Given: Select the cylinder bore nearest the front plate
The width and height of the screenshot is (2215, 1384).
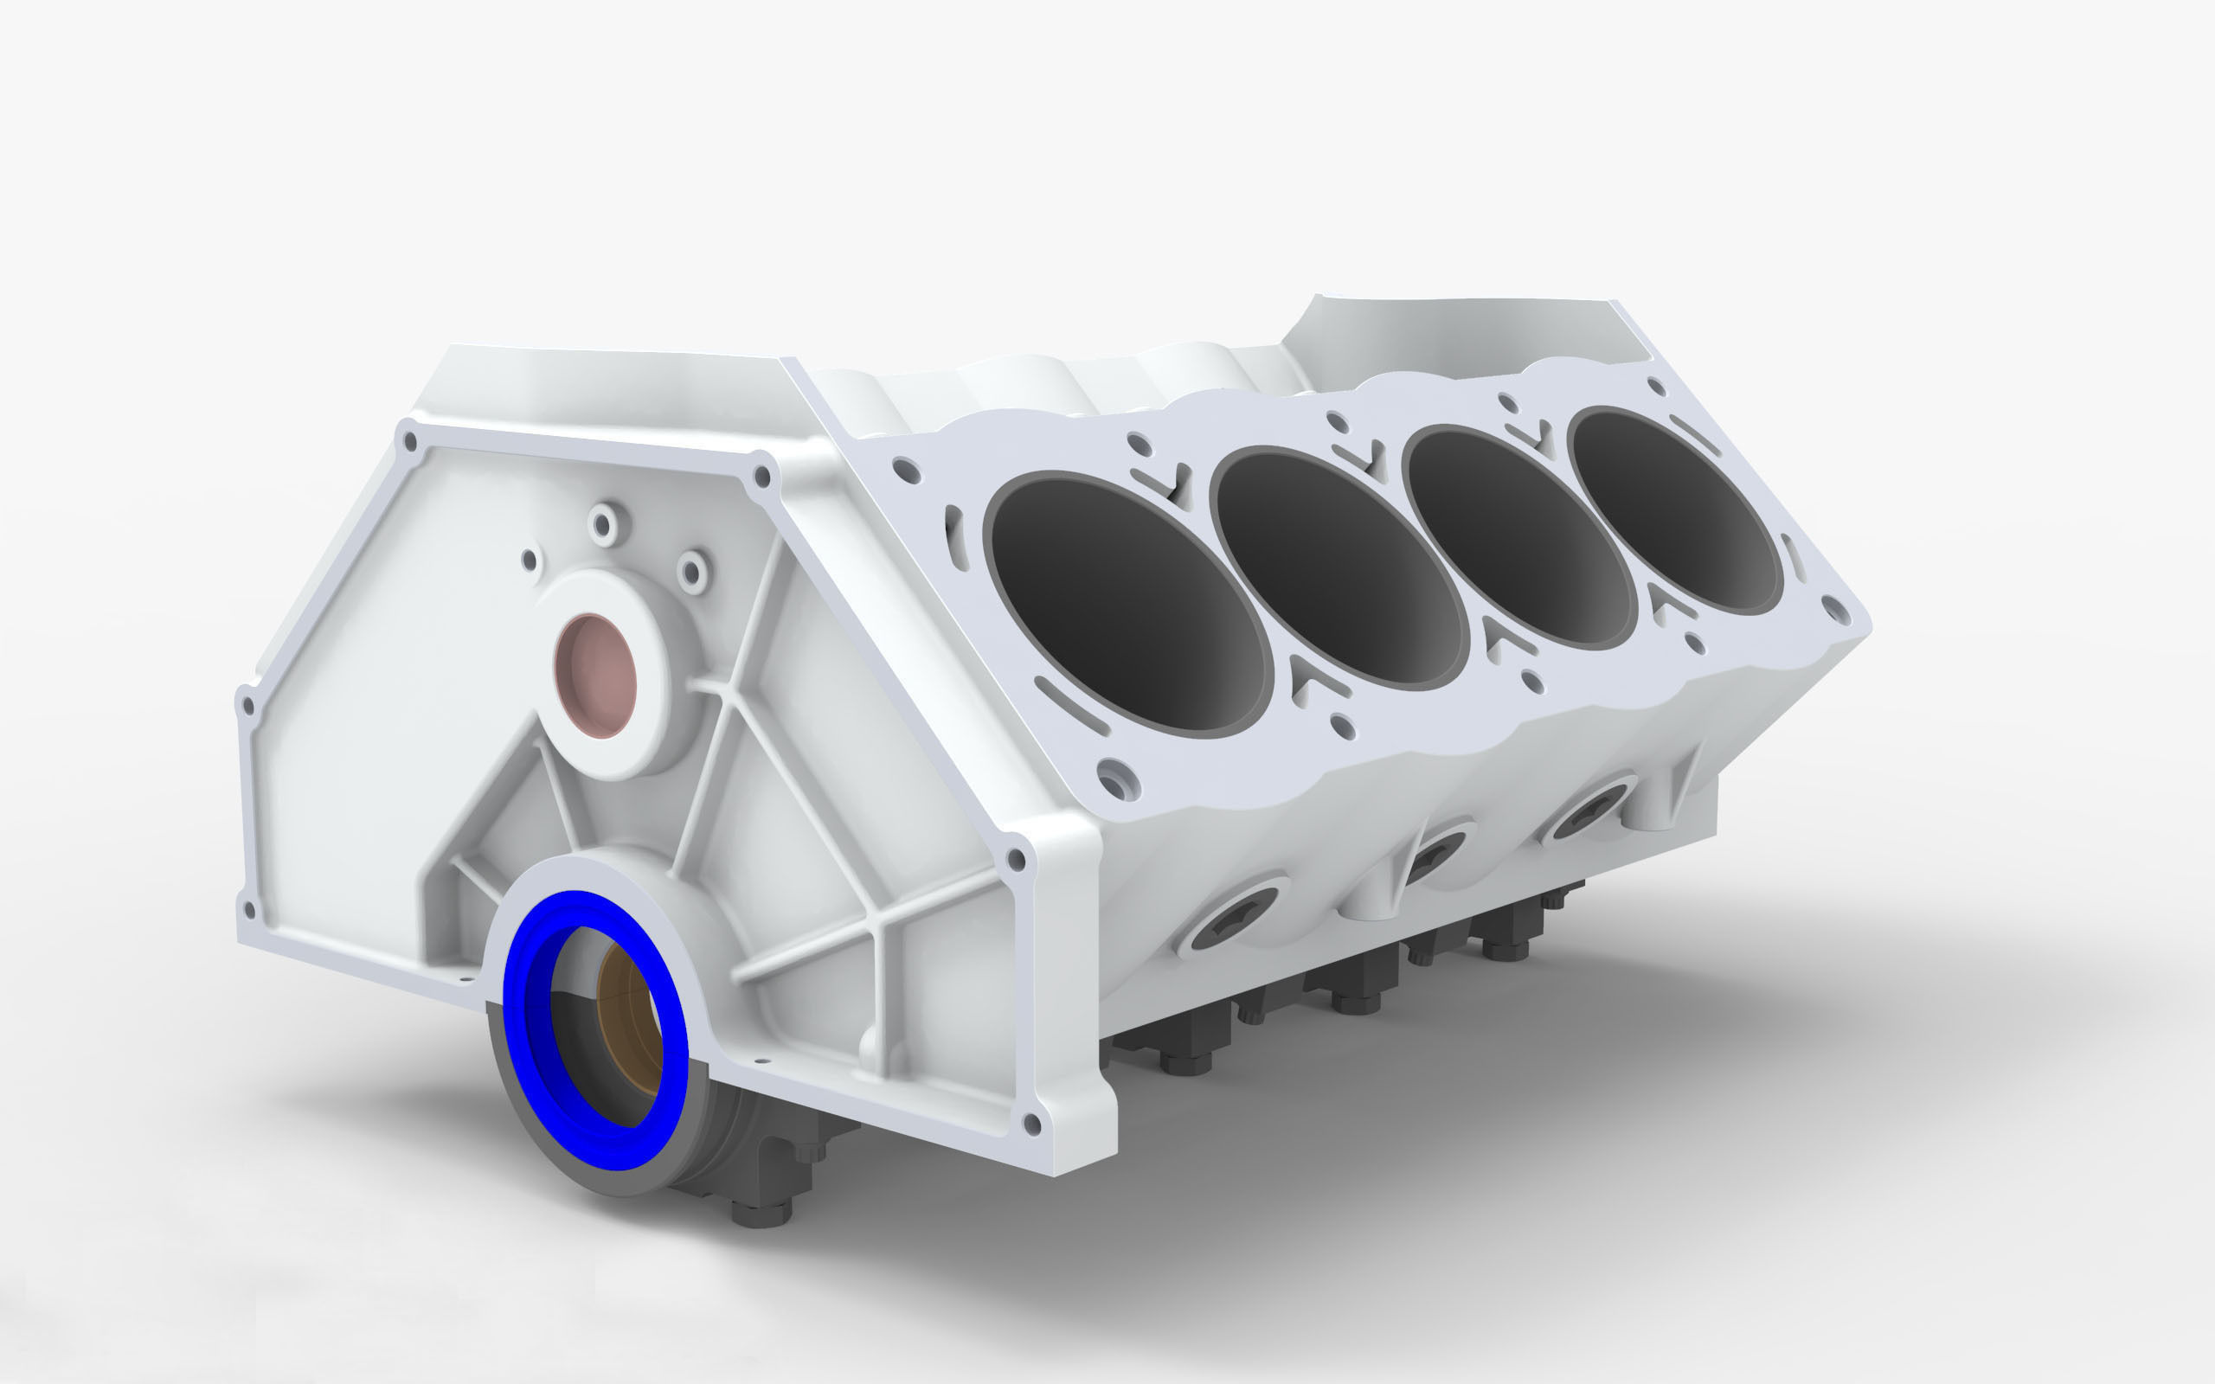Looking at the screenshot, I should [1127, 604].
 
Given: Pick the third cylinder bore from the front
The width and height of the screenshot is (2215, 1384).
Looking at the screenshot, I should [1520, 540].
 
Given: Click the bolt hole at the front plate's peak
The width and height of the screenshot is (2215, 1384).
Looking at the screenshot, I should [761, 476].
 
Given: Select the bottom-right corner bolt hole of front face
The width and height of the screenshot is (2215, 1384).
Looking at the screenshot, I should [1031, 1122].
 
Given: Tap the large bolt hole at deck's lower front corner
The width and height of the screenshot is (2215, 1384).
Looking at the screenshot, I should [1118, 776].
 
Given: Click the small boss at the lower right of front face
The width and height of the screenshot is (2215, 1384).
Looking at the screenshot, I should [872, 1044].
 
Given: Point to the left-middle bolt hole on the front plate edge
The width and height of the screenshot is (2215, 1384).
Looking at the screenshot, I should [246, 705].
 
